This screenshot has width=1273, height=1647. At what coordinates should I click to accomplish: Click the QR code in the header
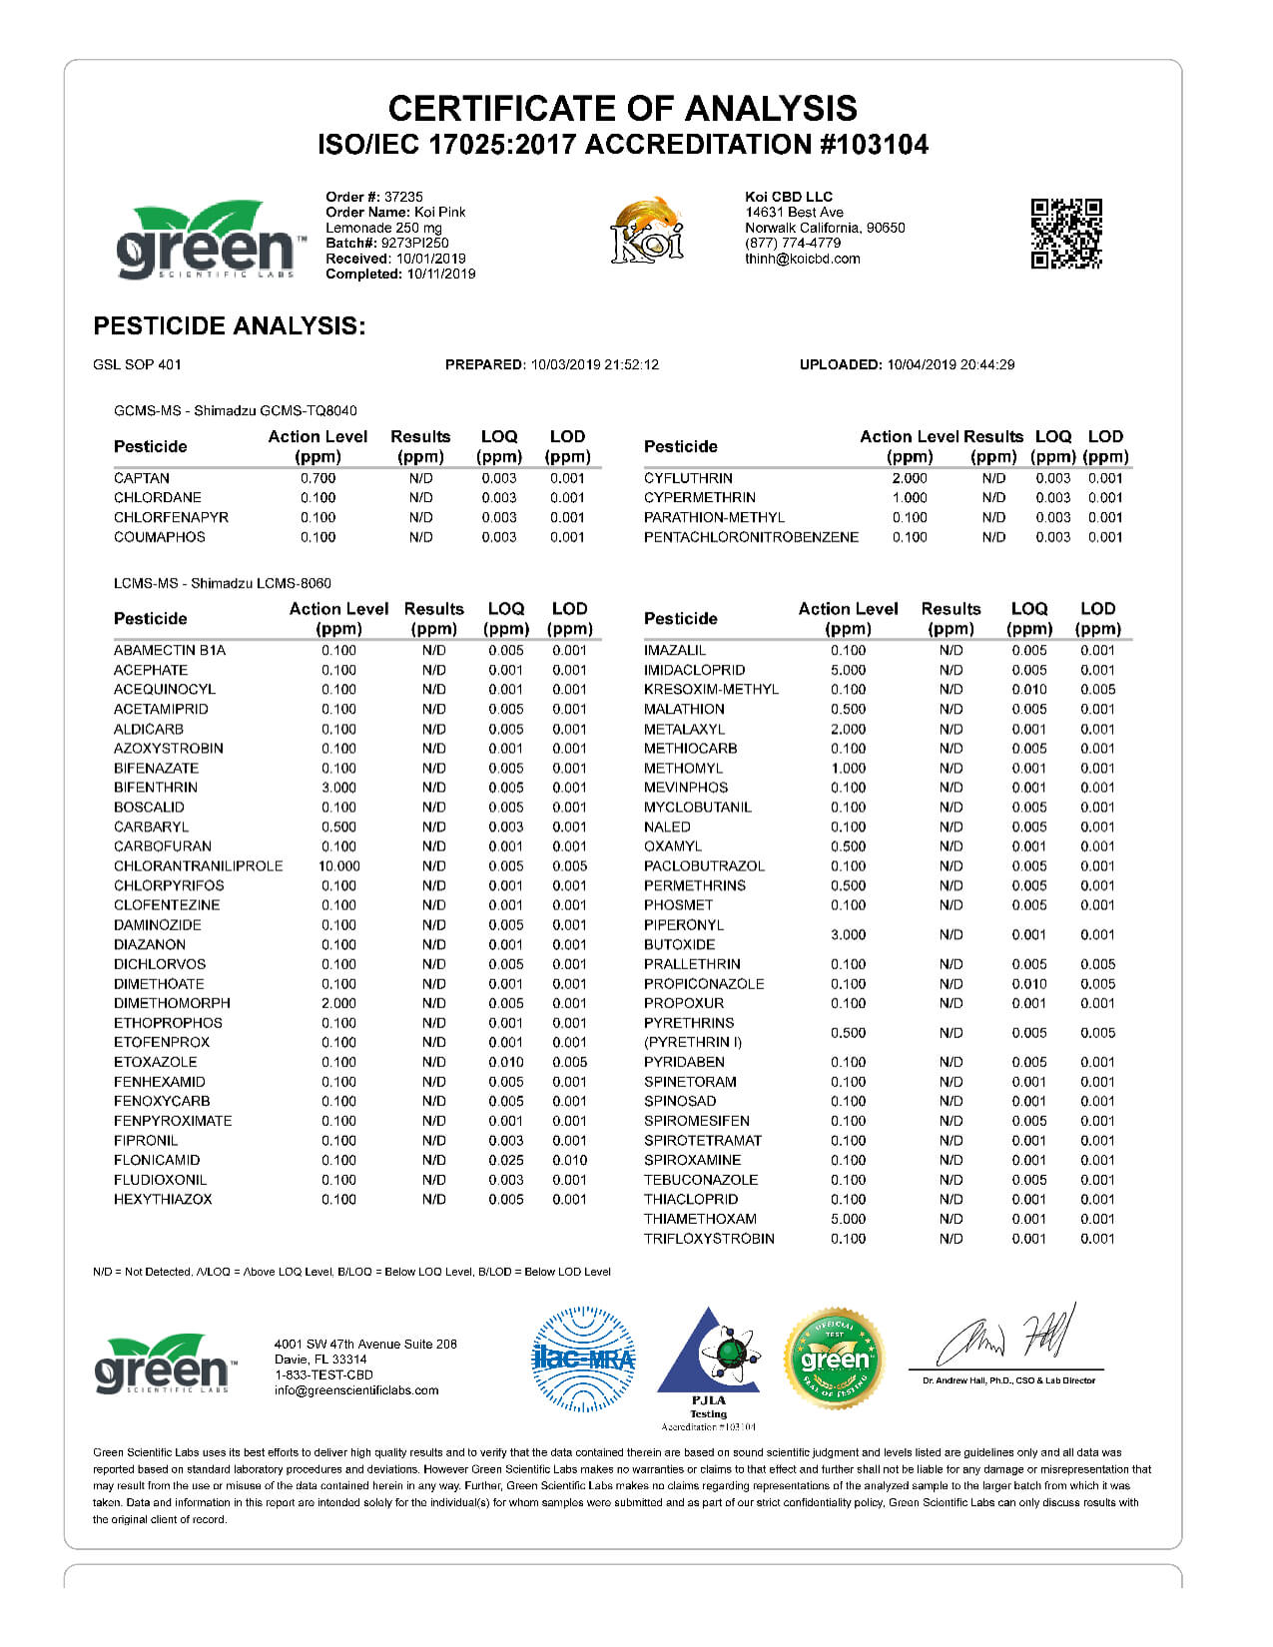click(x=1065, y=234)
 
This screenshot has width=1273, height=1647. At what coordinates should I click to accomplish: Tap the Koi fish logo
click(x=647, y=231)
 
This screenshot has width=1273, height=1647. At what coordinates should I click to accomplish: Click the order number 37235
click(x=403, y=197)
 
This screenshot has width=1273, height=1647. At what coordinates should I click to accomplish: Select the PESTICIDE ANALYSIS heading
click(x=230, y=325)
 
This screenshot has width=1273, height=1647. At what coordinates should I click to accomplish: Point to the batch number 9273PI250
click(x=414, y=243)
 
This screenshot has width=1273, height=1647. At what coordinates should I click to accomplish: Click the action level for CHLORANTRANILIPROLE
click(x=339, y=866)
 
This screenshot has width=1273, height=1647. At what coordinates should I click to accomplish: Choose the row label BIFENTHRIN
click(x=156, y=788)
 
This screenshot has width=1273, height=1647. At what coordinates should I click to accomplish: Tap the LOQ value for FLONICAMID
click(x=506, y=1160)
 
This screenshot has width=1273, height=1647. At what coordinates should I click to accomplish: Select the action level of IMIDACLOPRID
click(x=849, y=670)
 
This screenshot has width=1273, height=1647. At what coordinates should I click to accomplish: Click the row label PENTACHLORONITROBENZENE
click(x=751, y=537)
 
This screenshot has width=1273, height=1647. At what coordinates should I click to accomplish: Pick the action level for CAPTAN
click(x=318, y=478)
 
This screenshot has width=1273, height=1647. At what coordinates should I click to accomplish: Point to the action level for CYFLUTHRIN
click(x=910, y=478)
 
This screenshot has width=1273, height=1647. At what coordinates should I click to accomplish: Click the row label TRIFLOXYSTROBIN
click(x=709, y=1239)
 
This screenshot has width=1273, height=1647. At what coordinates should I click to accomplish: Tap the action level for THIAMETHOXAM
click(x=849, y=1219)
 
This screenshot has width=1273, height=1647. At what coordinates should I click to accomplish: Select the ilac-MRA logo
click(x=583, y=1359)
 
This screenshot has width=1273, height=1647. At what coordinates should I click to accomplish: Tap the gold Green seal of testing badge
click(x=835, y=1359)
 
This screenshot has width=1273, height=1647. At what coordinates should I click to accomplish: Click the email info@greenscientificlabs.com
click(x=356, y=1390)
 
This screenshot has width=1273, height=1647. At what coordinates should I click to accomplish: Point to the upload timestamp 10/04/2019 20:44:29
click(x=951, y=365)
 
